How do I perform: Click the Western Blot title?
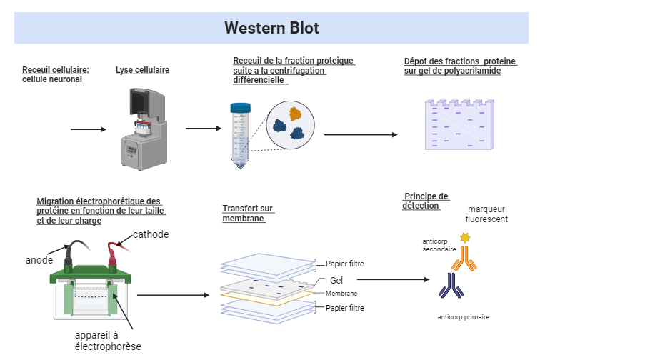(271, 28)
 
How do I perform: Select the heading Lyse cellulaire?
(142, 70)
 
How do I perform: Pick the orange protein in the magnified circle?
(295, 113)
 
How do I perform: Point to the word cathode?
(151, 234)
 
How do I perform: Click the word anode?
(39, 260)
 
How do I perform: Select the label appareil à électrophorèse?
(108, 341)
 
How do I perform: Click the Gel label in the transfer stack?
(336, 281)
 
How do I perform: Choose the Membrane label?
(341, 294)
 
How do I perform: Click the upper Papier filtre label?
(345, 264)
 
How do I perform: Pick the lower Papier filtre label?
(345, 308)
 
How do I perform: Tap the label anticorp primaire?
(464, 316)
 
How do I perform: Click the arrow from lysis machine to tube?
(204, 129)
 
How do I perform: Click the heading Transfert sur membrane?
(247, 214)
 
